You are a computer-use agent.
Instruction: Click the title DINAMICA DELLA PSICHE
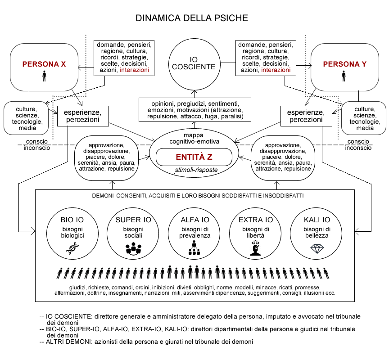click(191, 18)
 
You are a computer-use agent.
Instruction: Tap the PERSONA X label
click(44, 64)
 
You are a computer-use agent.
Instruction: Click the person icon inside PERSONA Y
click(344, 76)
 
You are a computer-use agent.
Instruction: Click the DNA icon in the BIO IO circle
click(72, 248)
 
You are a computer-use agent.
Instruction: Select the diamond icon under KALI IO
click(317, 249)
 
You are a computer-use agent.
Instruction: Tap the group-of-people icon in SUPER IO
click(133, 248)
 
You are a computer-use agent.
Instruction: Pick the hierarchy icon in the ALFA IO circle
click(194, 247)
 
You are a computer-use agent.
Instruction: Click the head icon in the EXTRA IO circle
click(255, 248)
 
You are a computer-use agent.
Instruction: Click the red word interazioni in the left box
click(135, 70)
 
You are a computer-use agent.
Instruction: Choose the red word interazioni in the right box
click(276, 70)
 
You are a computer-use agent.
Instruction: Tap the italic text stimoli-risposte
click(196, 170)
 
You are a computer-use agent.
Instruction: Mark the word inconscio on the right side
click(358, 148)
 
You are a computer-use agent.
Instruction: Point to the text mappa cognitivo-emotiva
click(194, 138)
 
